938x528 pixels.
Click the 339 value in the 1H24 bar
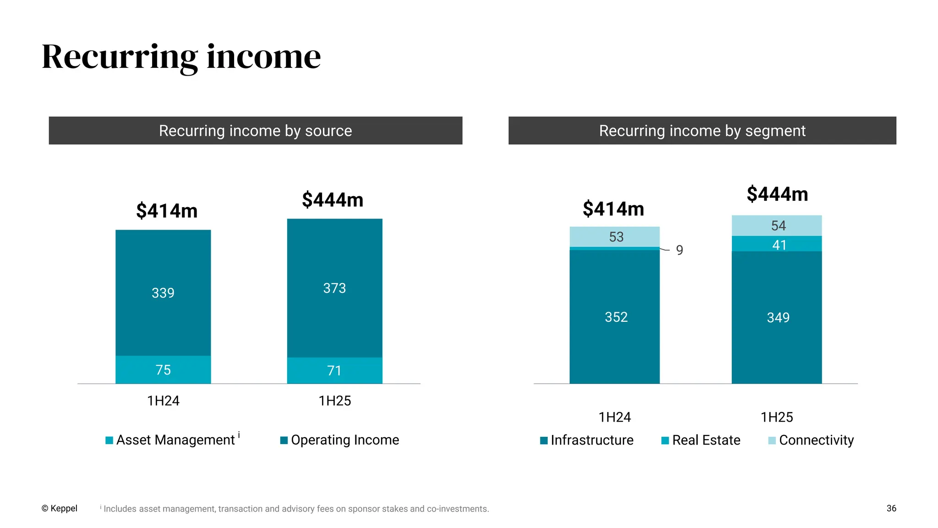163,293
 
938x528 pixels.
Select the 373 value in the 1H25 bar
334,288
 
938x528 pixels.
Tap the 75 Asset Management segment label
163,370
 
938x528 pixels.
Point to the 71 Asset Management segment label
334,370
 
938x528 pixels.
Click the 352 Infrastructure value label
616,317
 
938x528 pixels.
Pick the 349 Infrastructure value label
778,318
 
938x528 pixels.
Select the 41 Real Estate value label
779,245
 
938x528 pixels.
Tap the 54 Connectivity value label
778,225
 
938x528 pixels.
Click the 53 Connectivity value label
616,237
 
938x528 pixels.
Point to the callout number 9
680,250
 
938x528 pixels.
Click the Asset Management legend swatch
109,440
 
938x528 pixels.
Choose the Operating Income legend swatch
284,440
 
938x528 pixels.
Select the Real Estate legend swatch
665,440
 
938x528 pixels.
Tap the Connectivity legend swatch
772,440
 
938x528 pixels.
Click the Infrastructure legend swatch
544,440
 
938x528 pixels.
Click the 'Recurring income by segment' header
702,131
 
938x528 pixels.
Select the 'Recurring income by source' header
256,131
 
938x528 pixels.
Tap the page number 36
891,508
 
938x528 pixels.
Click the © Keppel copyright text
60,508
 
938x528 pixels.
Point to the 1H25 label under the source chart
335,401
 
